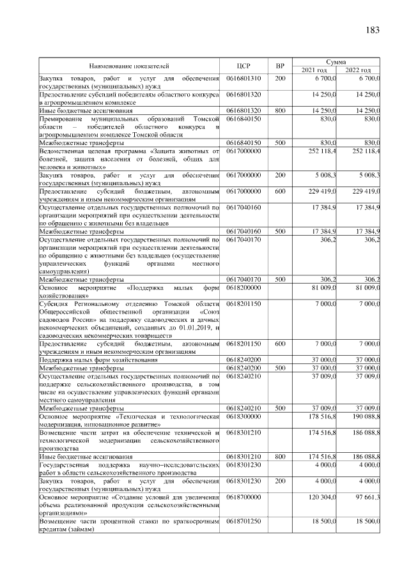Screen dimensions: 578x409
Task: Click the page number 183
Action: [x=372, y=31]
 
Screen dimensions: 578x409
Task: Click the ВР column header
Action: [x=279, y=66]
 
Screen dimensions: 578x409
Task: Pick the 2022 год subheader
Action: [x=358, y=70]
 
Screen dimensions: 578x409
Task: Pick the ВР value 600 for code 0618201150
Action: [x=280, y=344]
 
